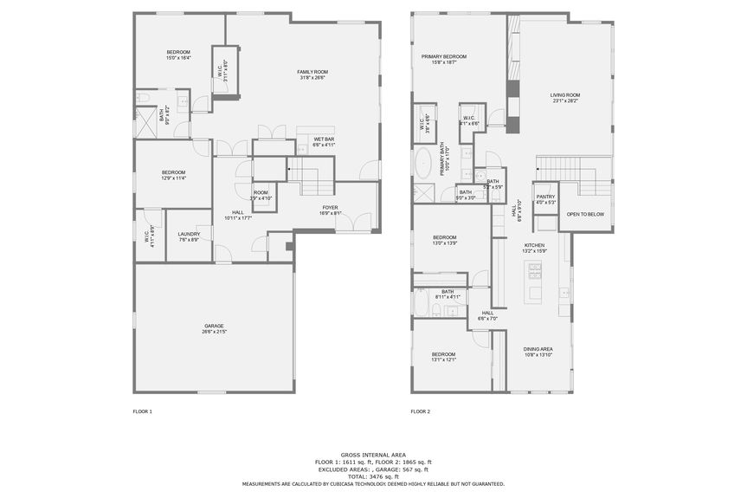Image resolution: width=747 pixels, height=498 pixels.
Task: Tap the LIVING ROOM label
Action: [x=564, y=97]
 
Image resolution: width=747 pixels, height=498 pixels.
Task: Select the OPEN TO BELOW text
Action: [x=585, y=214]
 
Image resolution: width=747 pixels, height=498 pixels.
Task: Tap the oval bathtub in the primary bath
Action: [x=425, y=163]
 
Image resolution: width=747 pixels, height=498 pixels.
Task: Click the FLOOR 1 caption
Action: [x=142, y=411]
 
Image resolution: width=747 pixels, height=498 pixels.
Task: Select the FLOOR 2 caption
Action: [x=421, y=411]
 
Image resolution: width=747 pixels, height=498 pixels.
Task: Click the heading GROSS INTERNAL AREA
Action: [x=373, y=455]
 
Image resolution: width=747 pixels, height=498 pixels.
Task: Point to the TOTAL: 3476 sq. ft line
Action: [x=373, y=476]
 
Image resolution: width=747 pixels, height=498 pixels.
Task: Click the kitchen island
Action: [x=535, y=281]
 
